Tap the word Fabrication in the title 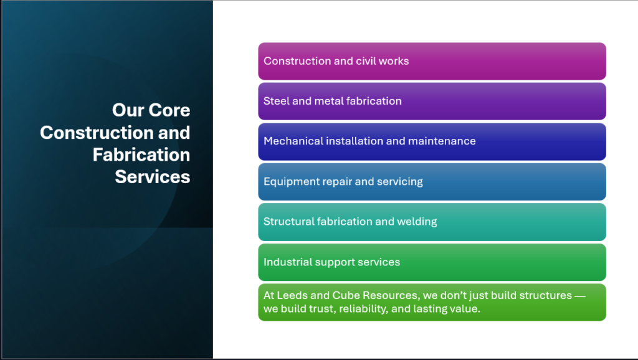coord(141,155)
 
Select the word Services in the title coord(153,177)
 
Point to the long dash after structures coord(580,296)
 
